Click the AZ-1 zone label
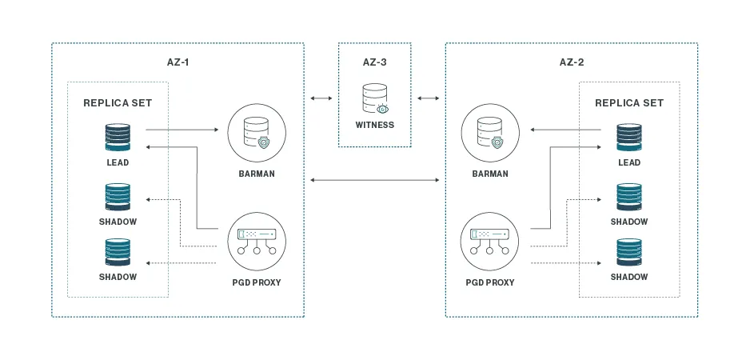coord(177,62)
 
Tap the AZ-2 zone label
coord(572,62)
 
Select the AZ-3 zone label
coord(374,62)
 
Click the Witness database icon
coord(374,98)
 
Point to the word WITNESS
coord(374,125)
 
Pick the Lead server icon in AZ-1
coord(118,137)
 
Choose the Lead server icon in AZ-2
coord(629,137)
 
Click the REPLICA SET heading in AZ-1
coord(118,103)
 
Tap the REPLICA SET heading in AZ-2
coord(629,103)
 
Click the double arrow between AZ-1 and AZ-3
coord(321,98)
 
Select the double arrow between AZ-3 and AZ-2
coord(428,98)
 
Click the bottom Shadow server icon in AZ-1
coord(118,253)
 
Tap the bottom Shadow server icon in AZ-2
coord(629,253)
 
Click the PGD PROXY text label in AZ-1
coord(256,282)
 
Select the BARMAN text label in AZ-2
coord(490,173)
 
